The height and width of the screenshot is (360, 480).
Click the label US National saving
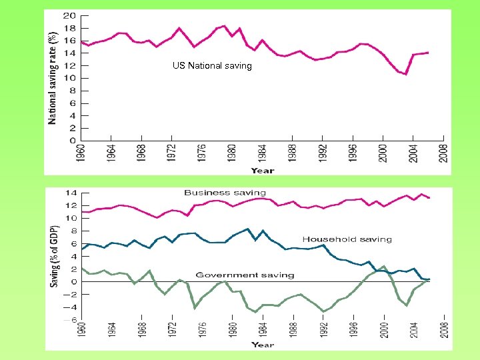[x=211, y=65]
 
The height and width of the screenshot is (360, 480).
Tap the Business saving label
[x=225, y=193]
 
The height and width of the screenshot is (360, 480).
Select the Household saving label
[x=347, y=239]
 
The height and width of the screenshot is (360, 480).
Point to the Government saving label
[x=245, y=275]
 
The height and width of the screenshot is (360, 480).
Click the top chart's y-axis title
[x=53, y=78]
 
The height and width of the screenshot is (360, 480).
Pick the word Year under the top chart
[x=263, y=170]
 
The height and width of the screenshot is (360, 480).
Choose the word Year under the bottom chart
[x=263, y=345]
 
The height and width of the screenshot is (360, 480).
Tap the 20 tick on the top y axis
[x=69, y=15]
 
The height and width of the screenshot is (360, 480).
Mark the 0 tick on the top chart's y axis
[x=72, y=141]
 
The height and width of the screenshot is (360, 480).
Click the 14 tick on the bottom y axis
[x=70, y=193]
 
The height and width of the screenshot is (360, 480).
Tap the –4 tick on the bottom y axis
[x=69, y=307]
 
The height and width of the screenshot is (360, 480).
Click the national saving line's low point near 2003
[x=405, y=74]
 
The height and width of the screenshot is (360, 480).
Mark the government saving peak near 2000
[x=383, y=266]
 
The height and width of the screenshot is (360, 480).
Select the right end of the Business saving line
[x=429, y=198]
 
